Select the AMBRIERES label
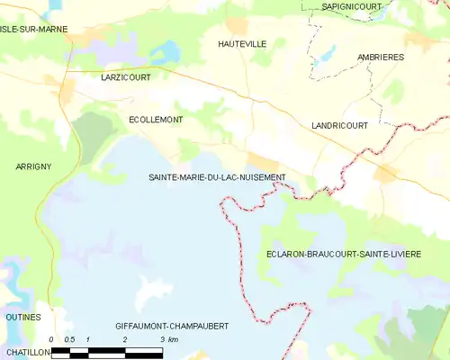tap(381, 57)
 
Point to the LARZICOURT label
tap(126, 78)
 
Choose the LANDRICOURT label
tap(339, 126)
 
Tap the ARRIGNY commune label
tap(33, 166)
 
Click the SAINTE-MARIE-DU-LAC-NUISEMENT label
tap(217, 177)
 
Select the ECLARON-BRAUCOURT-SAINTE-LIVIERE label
tap(343, 255)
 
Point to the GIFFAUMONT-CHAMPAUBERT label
tap(172, 324)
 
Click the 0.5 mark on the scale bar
tap(69, 338)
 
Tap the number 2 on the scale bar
tap(125, 338)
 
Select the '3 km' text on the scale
tap(168, 338)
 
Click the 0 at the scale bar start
tap(51, 338)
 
